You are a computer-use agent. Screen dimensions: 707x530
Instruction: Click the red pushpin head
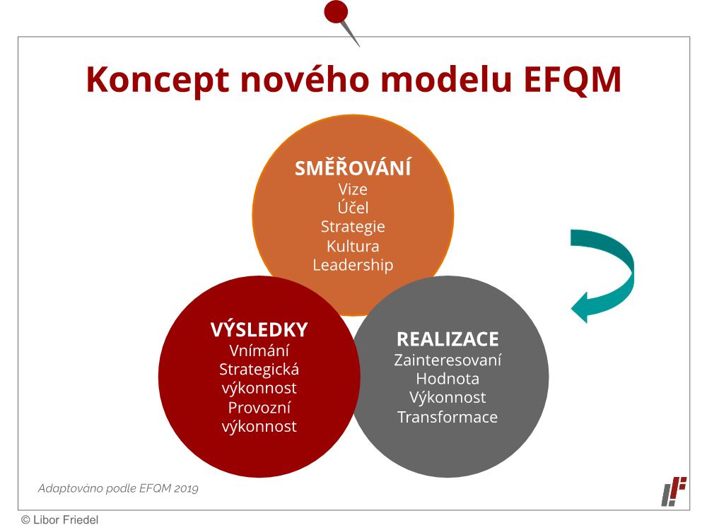pos(336,12)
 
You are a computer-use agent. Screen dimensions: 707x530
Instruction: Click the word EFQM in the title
pos(573,80)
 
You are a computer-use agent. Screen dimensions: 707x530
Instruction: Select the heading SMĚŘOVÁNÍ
pos(353,167)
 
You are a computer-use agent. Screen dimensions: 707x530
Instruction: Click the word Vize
pos(353,189)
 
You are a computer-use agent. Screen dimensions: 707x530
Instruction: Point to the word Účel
pos(353,207)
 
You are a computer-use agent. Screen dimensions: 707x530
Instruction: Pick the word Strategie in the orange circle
pos(353,227)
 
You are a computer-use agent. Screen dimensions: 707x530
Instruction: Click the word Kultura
pos(353,246)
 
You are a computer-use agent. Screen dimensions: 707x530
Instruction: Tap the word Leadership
pos(353,265)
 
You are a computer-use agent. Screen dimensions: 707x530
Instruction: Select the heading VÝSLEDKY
pos(259,329)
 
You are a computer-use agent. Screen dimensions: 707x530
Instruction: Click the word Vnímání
pos(259,351)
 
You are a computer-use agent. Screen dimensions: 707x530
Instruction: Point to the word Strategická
pos(259,369)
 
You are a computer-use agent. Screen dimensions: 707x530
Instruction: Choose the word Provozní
pos(259,408)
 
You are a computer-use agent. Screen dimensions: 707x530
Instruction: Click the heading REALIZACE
pos(448,339)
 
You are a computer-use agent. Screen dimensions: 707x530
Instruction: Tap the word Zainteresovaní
pos(448,360)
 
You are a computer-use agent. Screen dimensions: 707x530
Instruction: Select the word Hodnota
pos(448,379)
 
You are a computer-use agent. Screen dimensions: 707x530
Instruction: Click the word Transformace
pos(448,417)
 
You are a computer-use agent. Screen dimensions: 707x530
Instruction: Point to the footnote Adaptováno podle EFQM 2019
pos(118,488)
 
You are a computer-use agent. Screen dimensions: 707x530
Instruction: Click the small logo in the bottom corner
pos(674,491)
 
